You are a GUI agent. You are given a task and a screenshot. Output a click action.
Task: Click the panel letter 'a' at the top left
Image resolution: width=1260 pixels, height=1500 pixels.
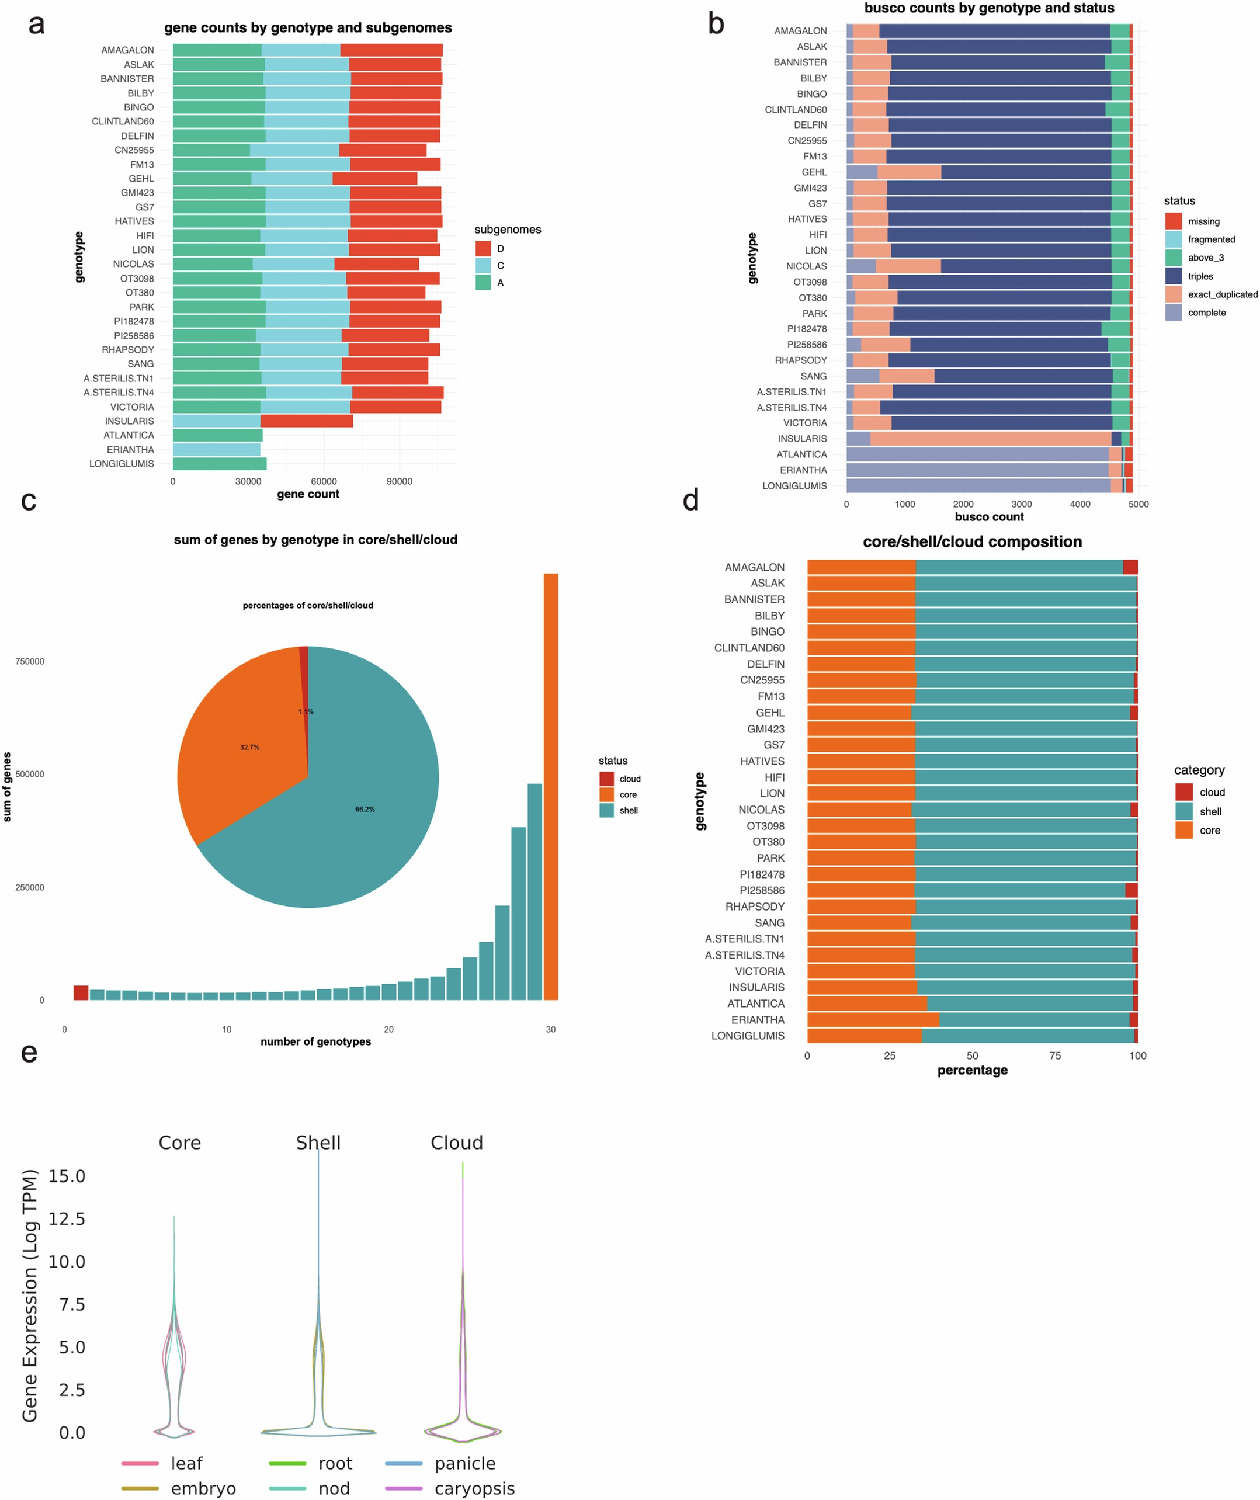[x=36, y=25]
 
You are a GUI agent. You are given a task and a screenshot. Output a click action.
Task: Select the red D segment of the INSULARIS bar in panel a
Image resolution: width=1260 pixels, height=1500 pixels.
[x=307, y=421]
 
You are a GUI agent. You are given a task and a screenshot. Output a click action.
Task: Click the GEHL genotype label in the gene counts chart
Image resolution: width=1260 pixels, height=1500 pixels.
[x=141, y=179]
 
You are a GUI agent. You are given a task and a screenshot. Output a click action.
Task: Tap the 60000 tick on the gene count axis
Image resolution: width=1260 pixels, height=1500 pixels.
[x=324, y=481]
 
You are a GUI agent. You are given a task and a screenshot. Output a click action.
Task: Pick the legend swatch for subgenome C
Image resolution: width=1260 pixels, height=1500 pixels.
[x=483, y=266]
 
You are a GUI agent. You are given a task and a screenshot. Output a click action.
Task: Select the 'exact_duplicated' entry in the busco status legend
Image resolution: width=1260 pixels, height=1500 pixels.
[x=1222, y=294]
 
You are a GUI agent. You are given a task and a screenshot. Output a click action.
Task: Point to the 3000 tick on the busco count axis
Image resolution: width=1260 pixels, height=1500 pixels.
[x=1022, y=504]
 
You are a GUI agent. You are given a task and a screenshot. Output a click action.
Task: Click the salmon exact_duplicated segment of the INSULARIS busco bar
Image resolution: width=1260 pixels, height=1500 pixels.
[x=990, y=439]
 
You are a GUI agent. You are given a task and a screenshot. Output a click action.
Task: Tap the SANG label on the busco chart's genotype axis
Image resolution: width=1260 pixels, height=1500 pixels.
[x=813, y=376]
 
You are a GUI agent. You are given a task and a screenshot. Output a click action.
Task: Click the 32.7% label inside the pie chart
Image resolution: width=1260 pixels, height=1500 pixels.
[x=249, y=747]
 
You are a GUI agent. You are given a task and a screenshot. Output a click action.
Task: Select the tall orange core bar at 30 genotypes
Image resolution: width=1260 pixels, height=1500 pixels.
[x=551, y=786]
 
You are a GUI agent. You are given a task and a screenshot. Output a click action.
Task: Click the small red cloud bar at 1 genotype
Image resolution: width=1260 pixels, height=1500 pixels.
[x=81, y=992]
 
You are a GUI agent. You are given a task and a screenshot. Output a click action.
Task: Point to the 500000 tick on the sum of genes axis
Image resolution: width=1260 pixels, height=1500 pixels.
[x=29, y=775]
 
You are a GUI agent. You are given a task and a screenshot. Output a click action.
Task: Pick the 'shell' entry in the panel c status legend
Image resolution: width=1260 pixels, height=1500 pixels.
[x=628, y=810]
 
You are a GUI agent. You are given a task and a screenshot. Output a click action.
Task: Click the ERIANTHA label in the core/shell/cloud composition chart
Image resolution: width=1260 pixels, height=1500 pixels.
[x=757, y=1019]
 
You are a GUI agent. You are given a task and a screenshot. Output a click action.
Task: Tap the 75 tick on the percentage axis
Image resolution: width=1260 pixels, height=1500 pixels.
[x=1055, y=1055]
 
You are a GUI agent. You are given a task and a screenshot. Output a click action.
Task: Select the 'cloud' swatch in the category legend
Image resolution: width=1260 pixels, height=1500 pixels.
[x=1183, y=792]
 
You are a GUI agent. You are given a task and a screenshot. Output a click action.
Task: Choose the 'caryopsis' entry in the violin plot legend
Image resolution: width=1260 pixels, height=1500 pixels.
[x=474, y=1488]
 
